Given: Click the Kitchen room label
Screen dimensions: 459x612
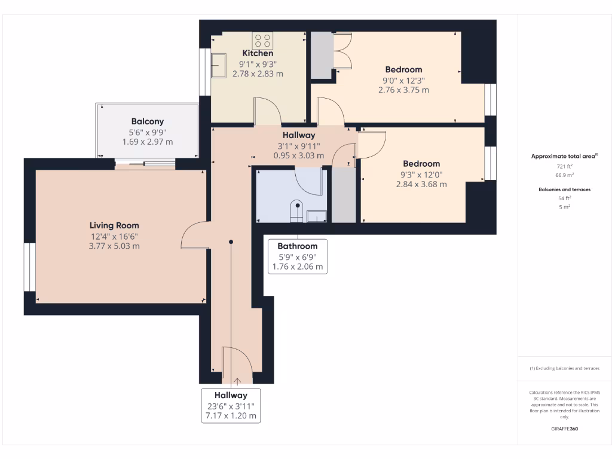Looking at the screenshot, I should point(258,53).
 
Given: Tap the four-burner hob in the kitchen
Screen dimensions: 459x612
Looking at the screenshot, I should point(263,40).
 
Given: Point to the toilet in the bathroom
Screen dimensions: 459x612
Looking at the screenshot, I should point(295,212).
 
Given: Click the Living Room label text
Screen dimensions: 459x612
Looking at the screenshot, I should point(114,225).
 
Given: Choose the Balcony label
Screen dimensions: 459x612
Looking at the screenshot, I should point(147,121).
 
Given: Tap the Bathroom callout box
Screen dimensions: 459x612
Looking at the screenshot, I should point(298,256).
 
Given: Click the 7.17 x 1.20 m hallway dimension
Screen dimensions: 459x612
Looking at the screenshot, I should point(231,415).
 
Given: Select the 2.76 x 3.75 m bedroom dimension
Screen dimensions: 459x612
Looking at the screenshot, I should point(403,90).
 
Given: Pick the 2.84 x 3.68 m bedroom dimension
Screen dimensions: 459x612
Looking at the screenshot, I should point(421,184).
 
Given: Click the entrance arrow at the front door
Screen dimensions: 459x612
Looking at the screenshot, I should point(238,380).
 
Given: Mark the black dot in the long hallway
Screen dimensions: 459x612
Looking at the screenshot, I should point(231,241).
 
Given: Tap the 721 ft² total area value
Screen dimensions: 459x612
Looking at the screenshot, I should point(565,166).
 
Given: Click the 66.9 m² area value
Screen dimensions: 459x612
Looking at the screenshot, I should point(565,175).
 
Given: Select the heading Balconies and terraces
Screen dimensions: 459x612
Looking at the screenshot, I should point(565,189).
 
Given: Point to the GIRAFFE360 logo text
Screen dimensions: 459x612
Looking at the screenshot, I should point(565,429).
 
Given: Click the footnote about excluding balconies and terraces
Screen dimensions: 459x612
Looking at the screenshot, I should point(565,368).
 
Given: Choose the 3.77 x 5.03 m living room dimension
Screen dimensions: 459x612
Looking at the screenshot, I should point(114,246).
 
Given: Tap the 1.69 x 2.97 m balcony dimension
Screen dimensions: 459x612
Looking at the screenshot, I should point(147,142).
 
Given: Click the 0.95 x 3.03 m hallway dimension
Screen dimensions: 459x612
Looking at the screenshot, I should point(298,155).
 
